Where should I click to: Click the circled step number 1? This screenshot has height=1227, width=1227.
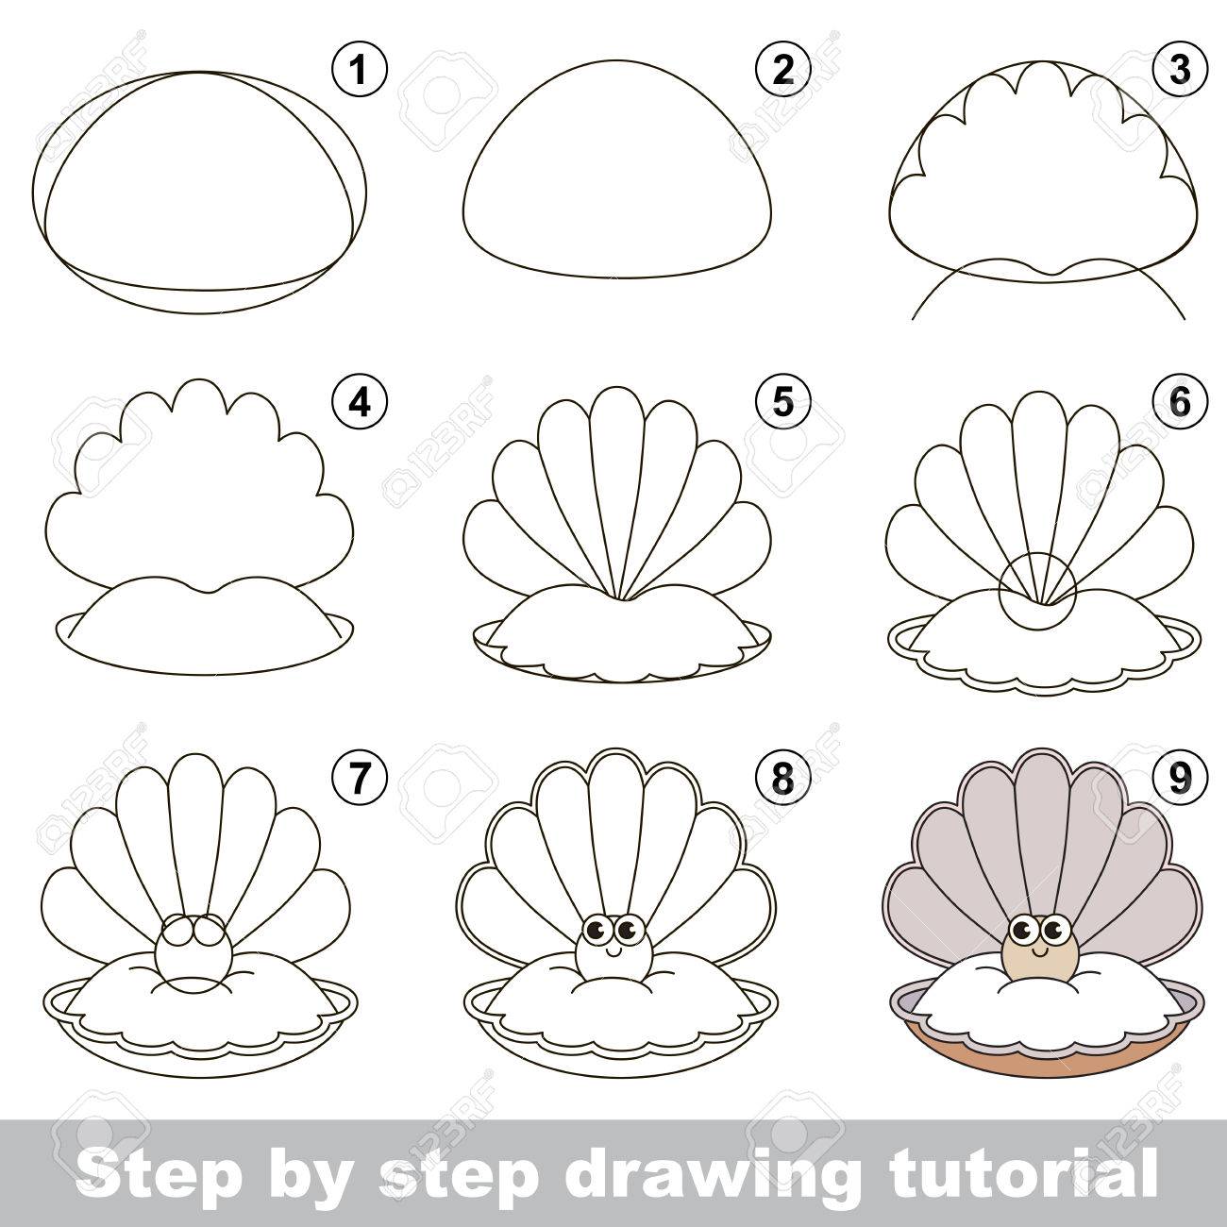click(x=359, y=70)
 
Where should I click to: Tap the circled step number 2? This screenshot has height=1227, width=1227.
click(x=783, y=70)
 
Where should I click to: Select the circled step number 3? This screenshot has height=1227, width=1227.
click(x=1179, y=70)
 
